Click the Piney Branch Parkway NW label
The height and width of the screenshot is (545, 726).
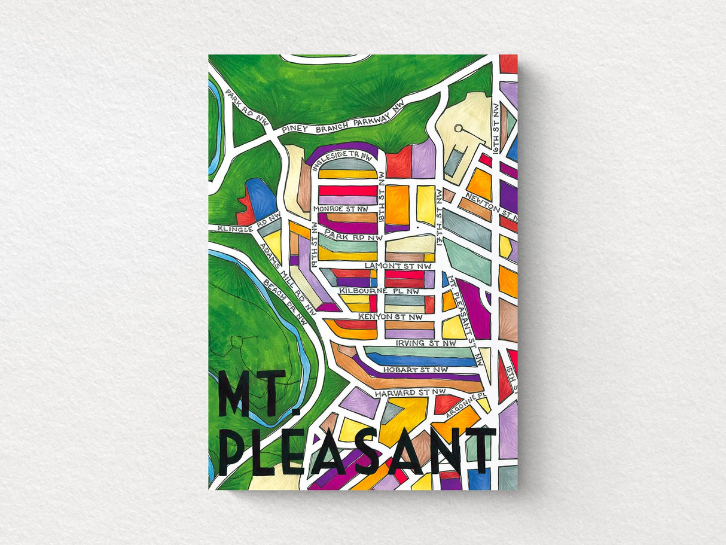pyautogui.click(x=342, y=116)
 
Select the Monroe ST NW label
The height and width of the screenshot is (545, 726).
pyautogui.click(x=340, y=209)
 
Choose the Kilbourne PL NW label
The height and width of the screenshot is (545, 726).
pyautogui.click(x=379, y=291)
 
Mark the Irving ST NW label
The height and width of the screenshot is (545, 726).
pyautogui.click(x=425, y=343)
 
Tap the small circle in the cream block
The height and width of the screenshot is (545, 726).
pyautogui.click(x=459, y=127)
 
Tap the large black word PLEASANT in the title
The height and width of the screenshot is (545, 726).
pyautogui.click(x=356, y=449)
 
